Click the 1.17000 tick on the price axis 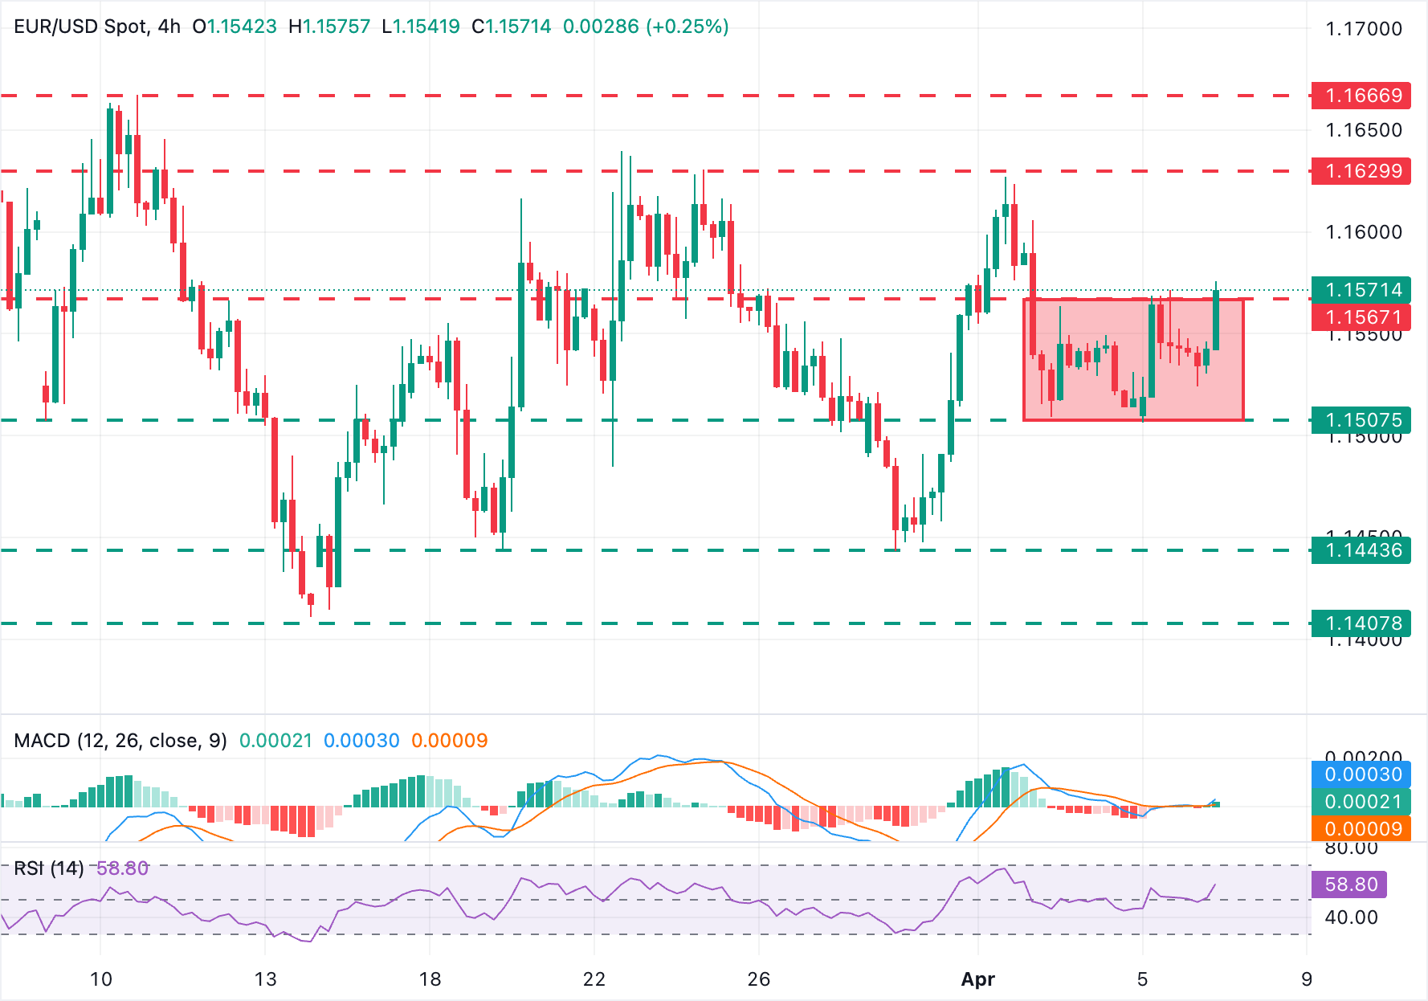[x=1363, y=29]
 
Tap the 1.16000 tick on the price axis [x=1363, y=232]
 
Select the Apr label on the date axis [x=977, y=979]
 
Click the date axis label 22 [x=594, y=979]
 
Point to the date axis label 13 [x=265, y=979]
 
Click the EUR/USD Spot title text [x=80, y=27]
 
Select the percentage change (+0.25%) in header [x=687, y=27]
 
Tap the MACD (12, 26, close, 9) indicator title [x=120, y=740]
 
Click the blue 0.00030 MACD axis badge [x=1362, y=774]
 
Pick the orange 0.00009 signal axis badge [x=1362, y=829]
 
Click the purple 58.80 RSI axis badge [x=1350, y=885]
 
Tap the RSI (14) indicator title [x=48, y=868]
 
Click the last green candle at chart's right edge [x=1216, y=320]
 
